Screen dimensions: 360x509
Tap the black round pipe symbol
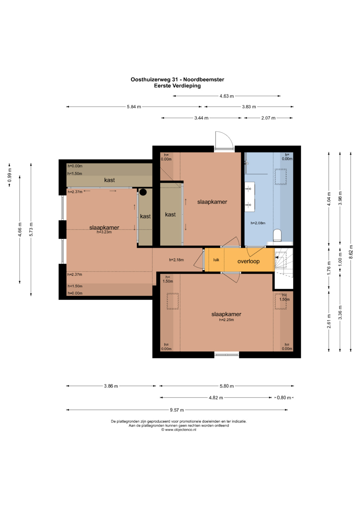[143, 192]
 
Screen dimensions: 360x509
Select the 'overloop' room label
[248, 261]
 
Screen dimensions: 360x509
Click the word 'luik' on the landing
[216, 259]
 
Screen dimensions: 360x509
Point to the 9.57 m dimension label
[177, 410]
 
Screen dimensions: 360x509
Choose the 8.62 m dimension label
[351, 252]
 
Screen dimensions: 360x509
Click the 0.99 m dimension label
[9, 175]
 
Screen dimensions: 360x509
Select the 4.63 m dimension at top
[227, 96]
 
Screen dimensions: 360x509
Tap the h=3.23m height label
[104, 232]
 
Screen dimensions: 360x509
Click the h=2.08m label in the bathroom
[258, 223]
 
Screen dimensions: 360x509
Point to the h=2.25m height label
[226, 320]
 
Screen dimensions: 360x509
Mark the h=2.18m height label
[176, 260]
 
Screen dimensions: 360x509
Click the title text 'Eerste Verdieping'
[177, 86]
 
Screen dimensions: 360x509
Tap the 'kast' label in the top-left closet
[109, 180]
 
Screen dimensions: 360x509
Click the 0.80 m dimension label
[284, 398]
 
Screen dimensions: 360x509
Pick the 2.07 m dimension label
[268, 118]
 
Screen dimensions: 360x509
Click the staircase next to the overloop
[284, 263]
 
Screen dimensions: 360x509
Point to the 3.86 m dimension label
[111, 386]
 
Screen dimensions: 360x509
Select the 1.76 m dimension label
[329, 268]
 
